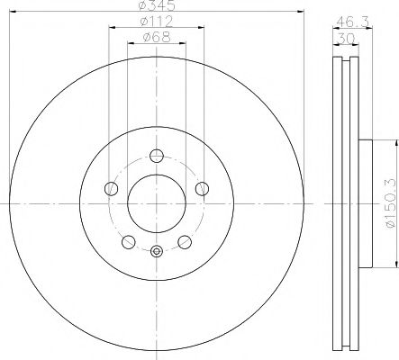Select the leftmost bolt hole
(x=112, y=189)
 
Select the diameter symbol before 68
(x=148, y=37)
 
